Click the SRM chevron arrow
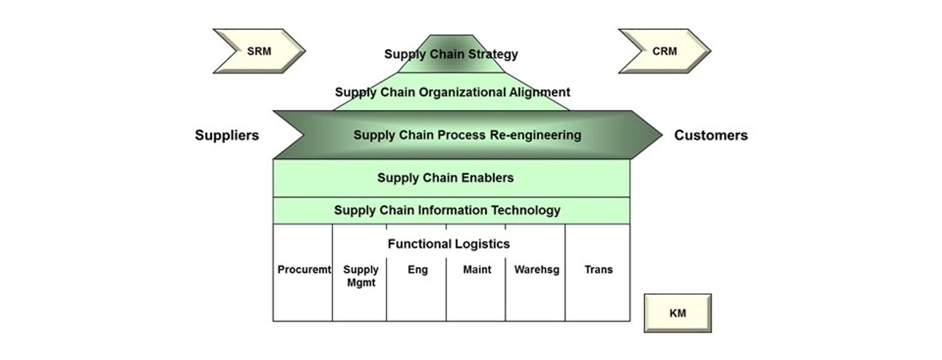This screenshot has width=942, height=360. click(259, 51)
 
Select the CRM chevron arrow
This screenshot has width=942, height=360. click(664, 51)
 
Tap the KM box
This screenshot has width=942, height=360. click(677, 313)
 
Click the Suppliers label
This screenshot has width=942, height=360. click(227, 135)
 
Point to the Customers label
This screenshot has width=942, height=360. click(710, 135)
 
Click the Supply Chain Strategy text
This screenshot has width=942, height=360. click(451, 54)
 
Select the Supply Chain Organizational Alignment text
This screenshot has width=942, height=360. click(452, 92)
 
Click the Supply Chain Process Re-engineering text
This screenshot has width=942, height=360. click(467, 135)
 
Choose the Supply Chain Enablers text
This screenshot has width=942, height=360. click(446, 178)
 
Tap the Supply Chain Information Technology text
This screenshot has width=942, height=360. click(447, 210)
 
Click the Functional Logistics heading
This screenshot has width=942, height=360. click(449, 244)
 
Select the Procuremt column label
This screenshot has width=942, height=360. click(304, 270)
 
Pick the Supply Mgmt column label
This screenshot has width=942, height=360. click(361, 276)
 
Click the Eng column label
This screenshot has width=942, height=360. click(418, 270)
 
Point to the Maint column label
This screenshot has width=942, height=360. click(477, 270)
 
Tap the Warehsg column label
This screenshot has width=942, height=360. click(536, 270)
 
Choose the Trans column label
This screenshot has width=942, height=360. click(598, 270)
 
